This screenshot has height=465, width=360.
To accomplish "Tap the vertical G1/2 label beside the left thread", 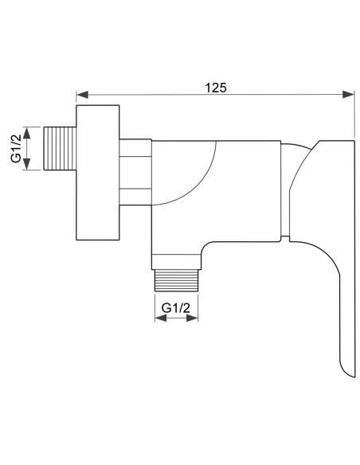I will tap(15, 148).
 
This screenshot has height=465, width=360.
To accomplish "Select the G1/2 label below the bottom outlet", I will tap(176, 307).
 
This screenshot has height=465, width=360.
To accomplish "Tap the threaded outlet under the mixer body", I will tap(176, 279).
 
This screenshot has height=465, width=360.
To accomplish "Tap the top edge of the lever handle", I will tap(335, 141).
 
